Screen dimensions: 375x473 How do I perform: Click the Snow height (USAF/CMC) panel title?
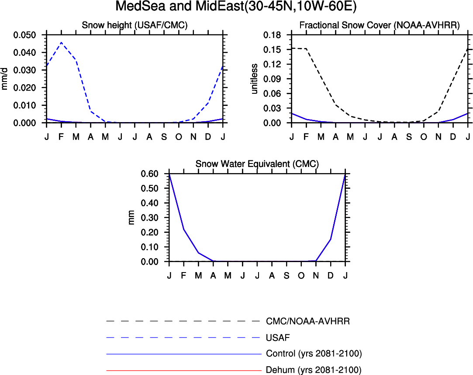click(135, 26)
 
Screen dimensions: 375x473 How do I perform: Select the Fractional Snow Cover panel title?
click(379, 26)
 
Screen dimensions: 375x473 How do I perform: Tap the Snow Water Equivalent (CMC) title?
click(257, 164)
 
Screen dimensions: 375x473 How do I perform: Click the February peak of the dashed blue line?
click(61, 42)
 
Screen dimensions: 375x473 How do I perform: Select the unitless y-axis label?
click(255, 78)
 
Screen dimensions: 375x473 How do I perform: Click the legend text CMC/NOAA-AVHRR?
click(308, 321)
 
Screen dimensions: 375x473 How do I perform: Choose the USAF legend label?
click(278, 337)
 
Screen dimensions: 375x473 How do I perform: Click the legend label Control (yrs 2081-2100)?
click(314, 353)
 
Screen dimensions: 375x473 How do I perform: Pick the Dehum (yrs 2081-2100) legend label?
click(314, 370)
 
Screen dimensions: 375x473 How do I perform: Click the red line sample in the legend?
click(183, 371)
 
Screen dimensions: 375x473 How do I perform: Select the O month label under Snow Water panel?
click(301, 276)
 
